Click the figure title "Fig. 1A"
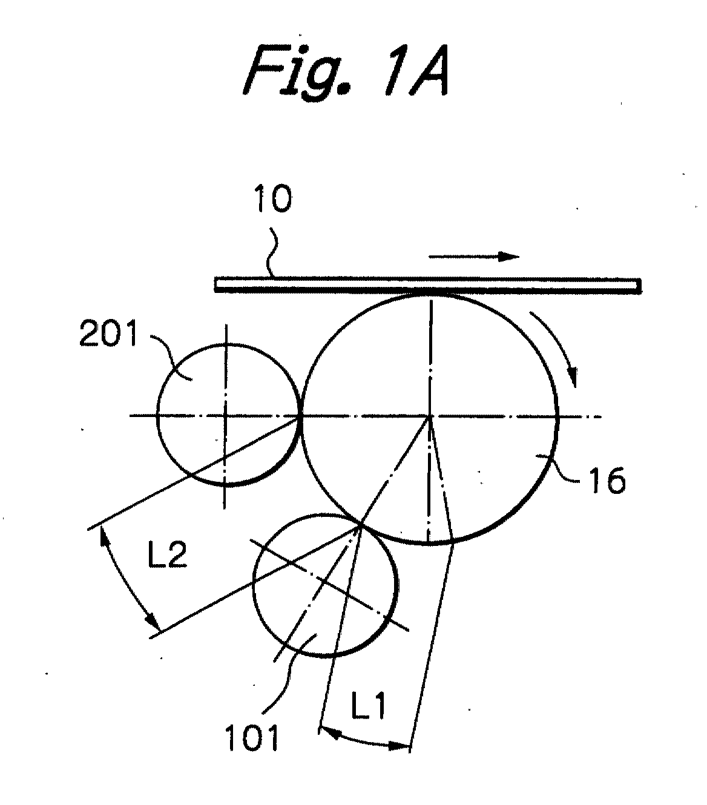[x=347, y=71]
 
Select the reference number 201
[x=108, y=333]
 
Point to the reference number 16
[x=607, y=481]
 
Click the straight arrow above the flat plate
[x=474, y=257]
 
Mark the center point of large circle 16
[x=430, y=416]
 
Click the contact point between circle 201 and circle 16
[x=300, y=416]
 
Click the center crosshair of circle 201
[x=225, y=416]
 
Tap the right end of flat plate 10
[x=640, y=286]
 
